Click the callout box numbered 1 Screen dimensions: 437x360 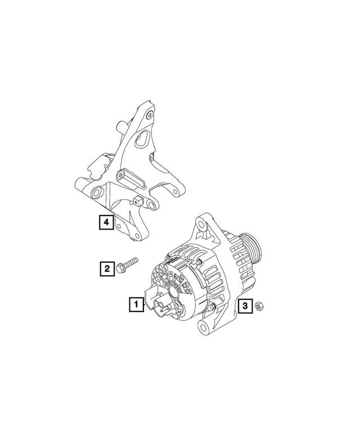pyautogui.click(x=135, y=304)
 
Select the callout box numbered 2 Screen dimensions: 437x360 pyautogui.click(x=106, y=269)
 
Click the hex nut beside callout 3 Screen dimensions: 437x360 pyautogui.click(x=260, y=306)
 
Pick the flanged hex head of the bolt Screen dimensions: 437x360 pyautogui.click(x=122, y=269)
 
